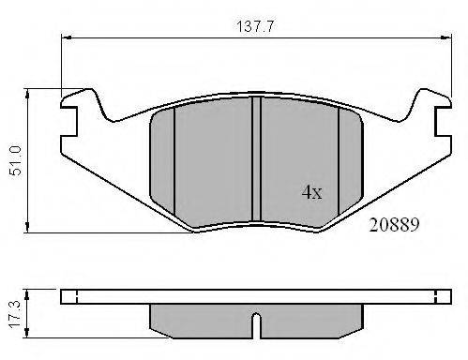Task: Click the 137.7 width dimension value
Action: tap(255, 26)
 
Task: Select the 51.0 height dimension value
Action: tap(16, 160)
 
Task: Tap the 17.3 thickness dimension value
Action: tap(15, 314)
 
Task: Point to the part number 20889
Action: tap(394, 225)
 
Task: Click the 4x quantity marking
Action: tap(311, 192)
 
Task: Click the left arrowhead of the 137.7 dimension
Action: tap(67, 37)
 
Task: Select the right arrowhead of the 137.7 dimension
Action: tap(446, 37)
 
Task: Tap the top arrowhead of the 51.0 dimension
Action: tap(27, 94)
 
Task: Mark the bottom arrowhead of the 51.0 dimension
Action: tap(27, 228)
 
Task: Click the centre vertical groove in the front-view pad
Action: tap(256, 158)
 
